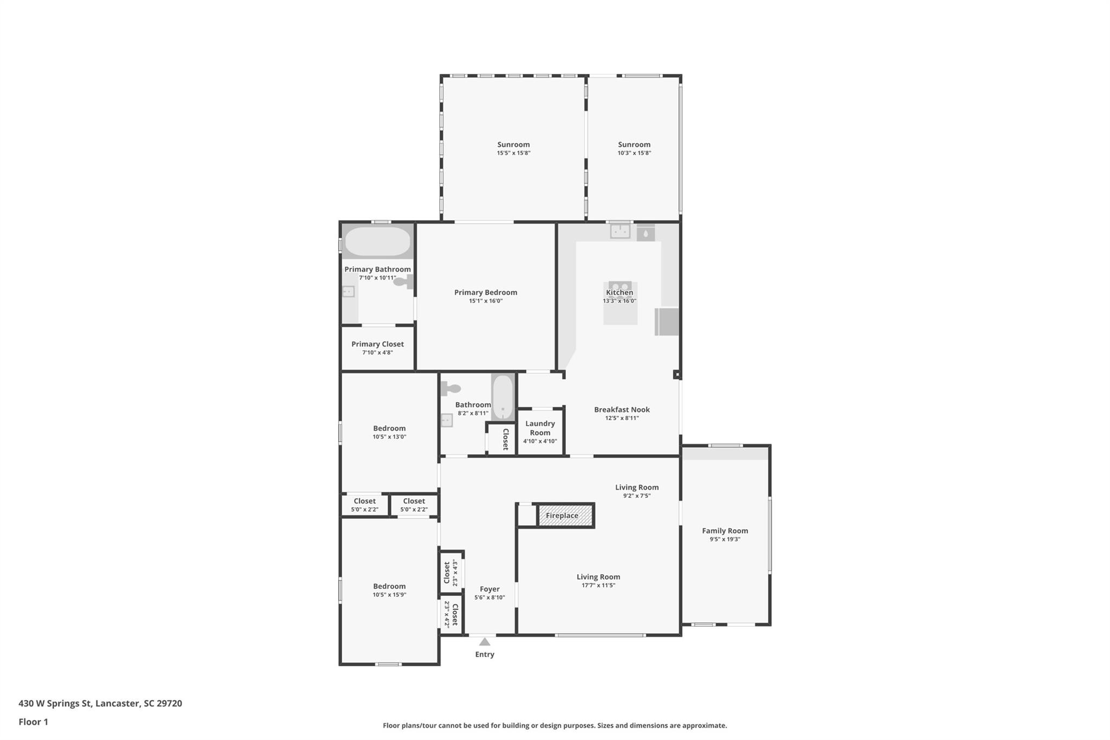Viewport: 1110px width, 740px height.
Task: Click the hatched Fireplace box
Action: (x=565, y=515)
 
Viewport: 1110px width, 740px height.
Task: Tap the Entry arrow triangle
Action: (x=485, y=642)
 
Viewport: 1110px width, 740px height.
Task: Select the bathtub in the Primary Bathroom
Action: (x=378, y=242)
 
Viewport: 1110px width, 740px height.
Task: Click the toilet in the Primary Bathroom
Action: (x=403, y=281)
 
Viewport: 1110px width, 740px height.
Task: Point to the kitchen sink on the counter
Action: (x=620, y=231)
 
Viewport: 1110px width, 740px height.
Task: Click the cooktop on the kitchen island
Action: (x=620, y=286)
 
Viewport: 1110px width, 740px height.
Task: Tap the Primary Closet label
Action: (x=377, y=344)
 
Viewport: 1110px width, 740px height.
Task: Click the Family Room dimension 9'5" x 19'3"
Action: (x=725, y=539)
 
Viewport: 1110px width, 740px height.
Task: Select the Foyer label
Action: (x=489, y=589)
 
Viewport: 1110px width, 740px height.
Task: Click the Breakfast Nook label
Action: (x=622, y=409)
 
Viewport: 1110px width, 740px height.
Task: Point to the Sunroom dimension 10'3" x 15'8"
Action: (x=634, y=153)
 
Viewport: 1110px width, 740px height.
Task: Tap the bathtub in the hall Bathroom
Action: (x=503, y=397)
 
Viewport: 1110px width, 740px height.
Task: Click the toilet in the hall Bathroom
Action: (x=450, y=388)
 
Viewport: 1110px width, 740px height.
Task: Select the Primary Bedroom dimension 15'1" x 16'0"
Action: (x=486, y=301)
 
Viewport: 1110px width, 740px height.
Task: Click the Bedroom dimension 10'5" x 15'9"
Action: (x=389, y=595)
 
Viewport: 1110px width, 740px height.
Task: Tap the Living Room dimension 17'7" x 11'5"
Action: (x=598, y=585)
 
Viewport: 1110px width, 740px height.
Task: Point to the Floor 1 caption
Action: (x=33, y=722)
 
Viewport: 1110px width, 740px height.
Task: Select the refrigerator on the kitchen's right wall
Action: (x=667, y=321)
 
